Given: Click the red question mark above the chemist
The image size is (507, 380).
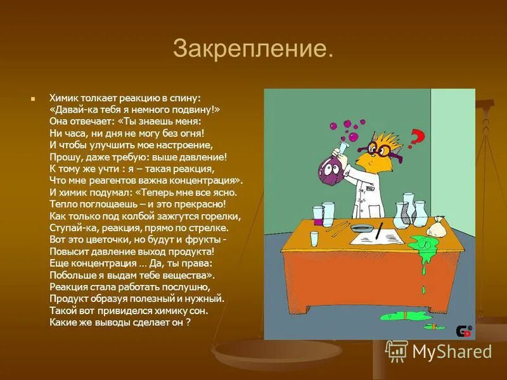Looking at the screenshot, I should [x=416, y=136].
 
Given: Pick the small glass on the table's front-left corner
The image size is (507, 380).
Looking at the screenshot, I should [x=314, y=239].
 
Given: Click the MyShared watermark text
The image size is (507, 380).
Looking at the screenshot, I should [x=451, y=351].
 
